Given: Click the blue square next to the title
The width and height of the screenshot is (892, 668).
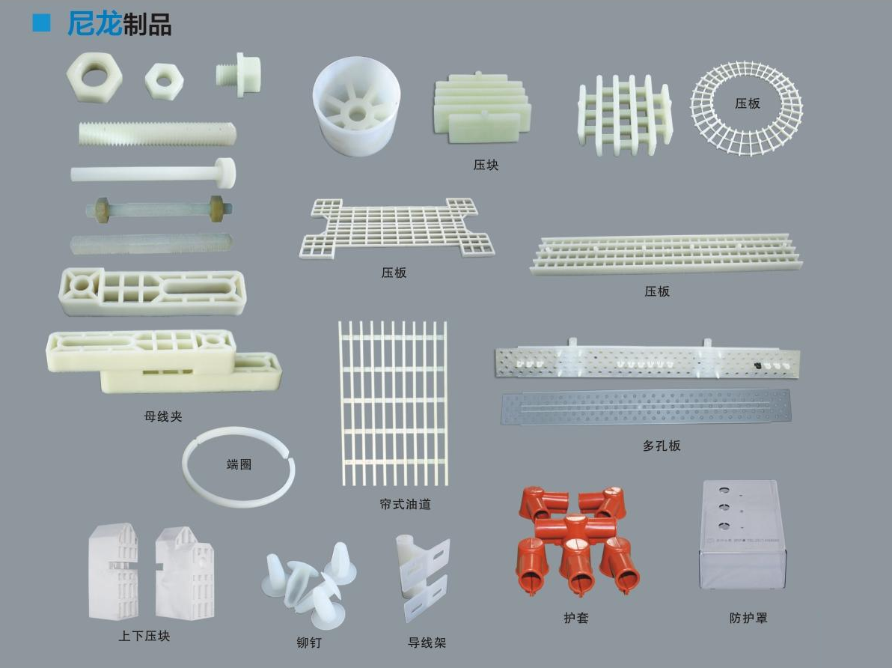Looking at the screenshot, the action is point(41,22).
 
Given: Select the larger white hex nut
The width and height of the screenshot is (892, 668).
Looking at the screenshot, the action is point(94,77).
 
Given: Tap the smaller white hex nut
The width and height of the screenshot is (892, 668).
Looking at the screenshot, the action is point(164,81).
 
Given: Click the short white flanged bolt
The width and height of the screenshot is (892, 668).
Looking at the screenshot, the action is point(239,74).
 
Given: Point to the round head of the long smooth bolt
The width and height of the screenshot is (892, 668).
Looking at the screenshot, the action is point(225,172).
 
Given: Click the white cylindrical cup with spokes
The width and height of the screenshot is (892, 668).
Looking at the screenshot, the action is point(356,106).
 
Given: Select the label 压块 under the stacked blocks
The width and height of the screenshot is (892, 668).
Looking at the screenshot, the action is point(486,166).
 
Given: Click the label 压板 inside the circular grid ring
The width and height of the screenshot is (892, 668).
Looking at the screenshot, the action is point(747,103).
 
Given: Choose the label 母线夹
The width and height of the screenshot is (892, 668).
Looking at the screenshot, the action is point(163,416).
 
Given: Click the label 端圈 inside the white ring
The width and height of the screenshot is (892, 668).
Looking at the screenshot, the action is point(239,464).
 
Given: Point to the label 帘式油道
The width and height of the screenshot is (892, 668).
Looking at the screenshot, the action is point(405,504).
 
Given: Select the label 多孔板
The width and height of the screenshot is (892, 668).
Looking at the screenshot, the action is point(662,446).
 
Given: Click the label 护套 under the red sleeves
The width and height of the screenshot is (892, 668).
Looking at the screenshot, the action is point(576,617).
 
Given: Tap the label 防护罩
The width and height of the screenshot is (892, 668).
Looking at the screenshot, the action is point(748,617).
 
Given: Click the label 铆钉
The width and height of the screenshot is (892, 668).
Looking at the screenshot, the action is point(309,643).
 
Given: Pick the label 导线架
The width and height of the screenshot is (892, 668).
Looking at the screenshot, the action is point(427,643).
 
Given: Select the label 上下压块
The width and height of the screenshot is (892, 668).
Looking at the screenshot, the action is point(144,636).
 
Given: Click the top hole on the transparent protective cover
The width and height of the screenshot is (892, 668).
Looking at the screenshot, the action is point(724,489).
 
